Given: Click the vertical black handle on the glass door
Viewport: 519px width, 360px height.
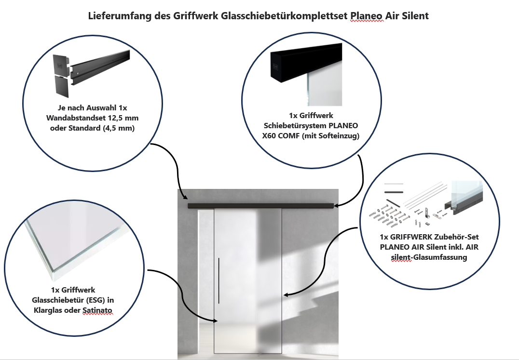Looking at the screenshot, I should point(219,280).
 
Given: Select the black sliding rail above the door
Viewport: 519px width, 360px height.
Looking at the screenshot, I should point(260,206).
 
